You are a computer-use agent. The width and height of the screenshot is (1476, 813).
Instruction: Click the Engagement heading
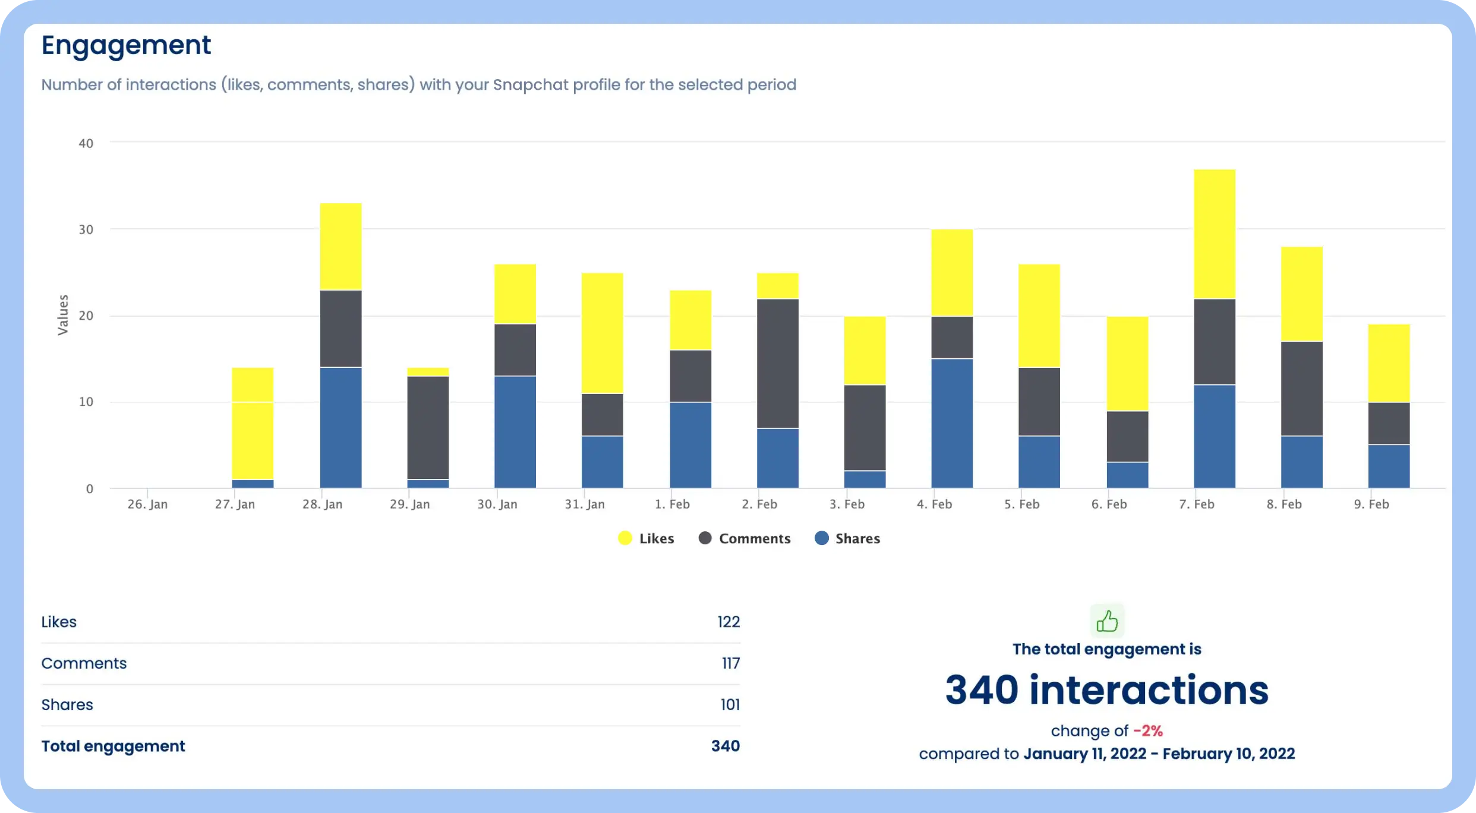[125, 45]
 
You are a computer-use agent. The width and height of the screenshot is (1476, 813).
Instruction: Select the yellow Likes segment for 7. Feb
[1214, 234]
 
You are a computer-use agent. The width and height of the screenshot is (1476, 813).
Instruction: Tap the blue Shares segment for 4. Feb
[951, 423]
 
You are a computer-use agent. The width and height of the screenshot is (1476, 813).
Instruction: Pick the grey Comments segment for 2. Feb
[777, 363]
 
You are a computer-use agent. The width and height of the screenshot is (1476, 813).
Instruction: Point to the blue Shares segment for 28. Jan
[340, 427]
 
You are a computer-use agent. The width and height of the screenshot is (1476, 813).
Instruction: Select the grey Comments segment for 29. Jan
[428, 427]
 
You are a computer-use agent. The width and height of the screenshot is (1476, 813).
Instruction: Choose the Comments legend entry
[745, 538]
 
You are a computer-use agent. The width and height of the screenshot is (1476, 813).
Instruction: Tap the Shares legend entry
[847, 538]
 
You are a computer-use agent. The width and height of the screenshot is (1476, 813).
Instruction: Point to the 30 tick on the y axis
[86, 229]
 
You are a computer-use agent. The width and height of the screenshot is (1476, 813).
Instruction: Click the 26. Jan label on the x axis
[147, 505]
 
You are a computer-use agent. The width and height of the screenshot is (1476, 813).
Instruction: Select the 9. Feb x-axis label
[1371, 505]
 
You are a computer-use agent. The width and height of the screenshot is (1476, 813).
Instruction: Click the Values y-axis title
[63, 315]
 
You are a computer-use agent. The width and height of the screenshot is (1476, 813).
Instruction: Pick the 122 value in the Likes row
[728, 622]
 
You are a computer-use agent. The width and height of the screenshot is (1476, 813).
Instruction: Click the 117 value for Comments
[730, 663]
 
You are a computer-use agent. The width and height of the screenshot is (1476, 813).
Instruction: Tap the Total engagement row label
[113, 746]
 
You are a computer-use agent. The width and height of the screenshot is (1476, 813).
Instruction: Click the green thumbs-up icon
[1106, 622]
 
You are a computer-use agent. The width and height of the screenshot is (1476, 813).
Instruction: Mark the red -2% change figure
[1147, 731]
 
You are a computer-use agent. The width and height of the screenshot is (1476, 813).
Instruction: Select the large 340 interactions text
[1106, 691]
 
